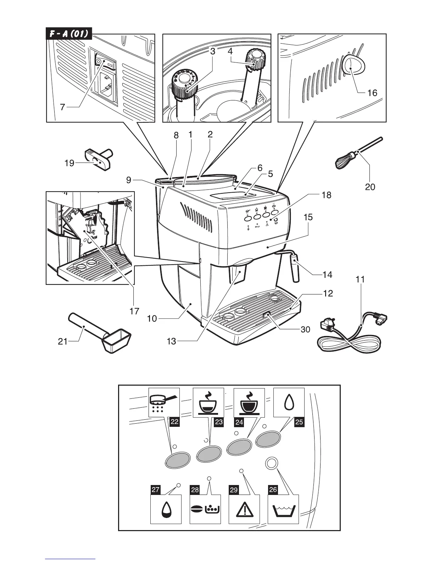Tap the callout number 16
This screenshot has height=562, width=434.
coord(372,93)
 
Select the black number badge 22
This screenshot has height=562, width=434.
coord(174,421)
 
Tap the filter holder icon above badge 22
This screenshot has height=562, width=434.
coord(163,402)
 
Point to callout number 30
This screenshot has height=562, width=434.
coord(305,330)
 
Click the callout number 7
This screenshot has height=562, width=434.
coord(63,107)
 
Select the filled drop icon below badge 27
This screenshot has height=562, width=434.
coord(166,510)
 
